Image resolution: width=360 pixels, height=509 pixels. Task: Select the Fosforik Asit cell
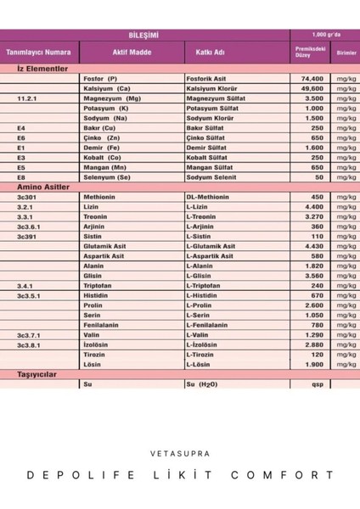point(206,78)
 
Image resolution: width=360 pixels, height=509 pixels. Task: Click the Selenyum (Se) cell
point(109,176)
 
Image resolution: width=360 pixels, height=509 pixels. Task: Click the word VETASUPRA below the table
point(179,453)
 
